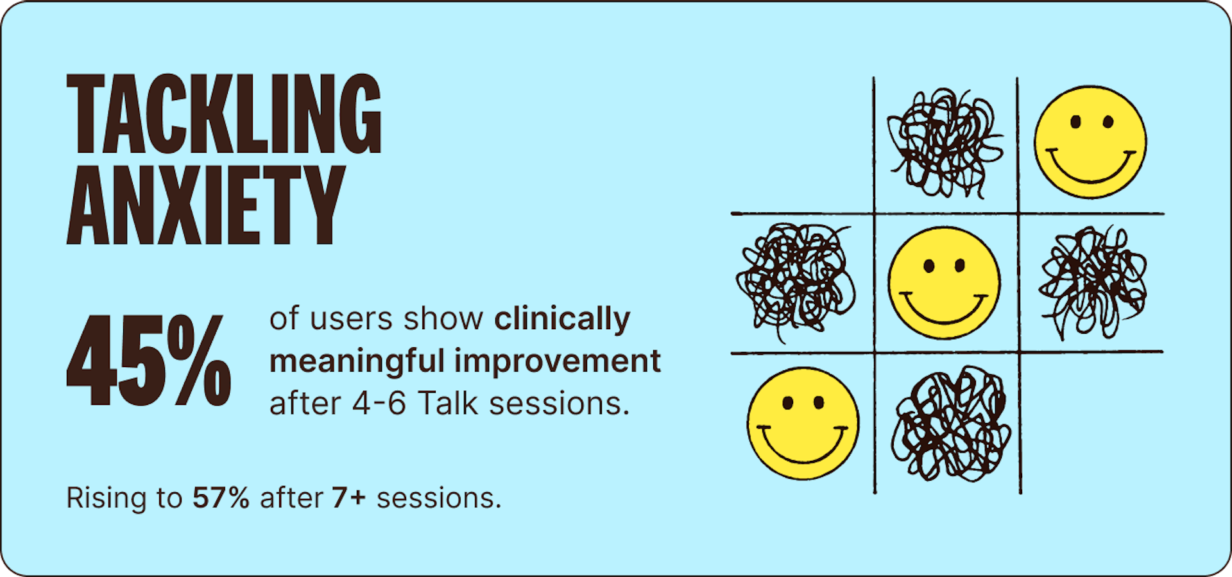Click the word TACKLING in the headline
click(x=224, y=114)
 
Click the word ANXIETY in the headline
click(x=206, y=205)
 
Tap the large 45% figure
click(x=149, y=360)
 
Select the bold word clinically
click(x=562, y=320)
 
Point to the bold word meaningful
click(x=357, y=362)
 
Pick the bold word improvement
click(x=558, y=362)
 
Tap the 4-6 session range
click(x=379, y=404)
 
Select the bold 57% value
click(x=221, y=498)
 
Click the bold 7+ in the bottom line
click(x=348, y=498)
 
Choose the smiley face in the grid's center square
click(x=944, y=282)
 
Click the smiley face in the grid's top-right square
click(x=1090, y=142)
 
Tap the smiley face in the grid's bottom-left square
click(x=803, y=424)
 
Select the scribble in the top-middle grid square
click(x=945, y=142)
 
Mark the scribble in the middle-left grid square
click(x=796, y=280)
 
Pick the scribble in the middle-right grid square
click(x=1093, y=282)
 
